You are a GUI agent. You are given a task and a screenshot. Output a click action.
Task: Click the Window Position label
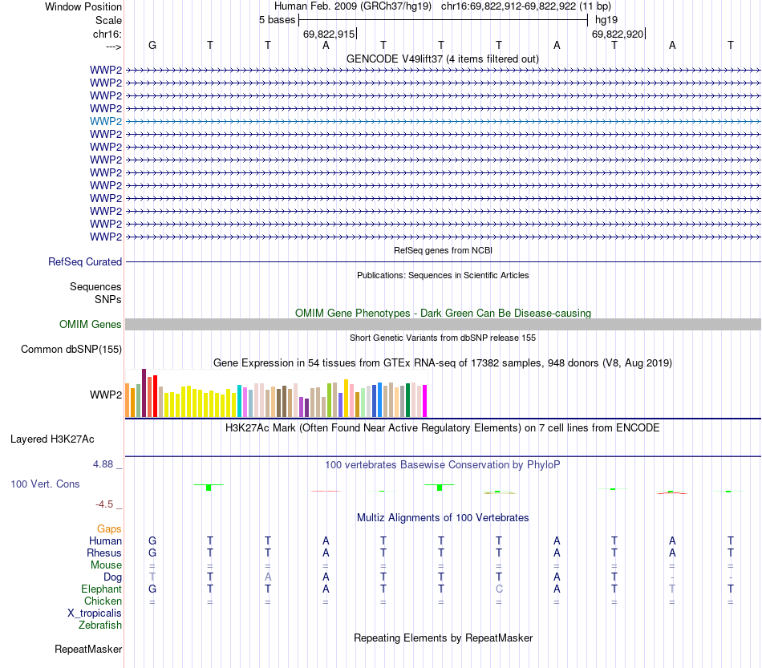point(83,6)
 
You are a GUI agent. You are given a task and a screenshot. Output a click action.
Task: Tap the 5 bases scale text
point(277,19)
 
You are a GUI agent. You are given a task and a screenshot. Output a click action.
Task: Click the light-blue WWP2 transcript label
point(106,121)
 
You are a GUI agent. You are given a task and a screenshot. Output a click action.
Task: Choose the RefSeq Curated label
point(85,261)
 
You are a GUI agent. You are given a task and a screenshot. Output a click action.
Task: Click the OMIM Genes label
point(91,325)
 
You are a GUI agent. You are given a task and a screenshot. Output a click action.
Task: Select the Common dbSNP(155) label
point(71,349)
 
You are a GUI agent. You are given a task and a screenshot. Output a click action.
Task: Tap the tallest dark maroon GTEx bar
point(144,392)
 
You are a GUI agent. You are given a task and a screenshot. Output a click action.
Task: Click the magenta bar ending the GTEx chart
point(424,400)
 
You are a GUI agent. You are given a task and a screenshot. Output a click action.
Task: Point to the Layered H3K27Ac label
point(52,439)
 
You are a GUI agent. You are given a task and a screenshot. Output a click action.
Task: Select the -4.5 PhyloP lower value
point(105,504)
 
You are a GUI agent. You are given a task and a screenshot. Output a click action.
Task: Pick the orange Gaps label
point(109,529)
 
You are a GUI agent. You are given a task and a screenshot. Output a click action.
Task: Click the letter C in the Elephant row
point(499,589)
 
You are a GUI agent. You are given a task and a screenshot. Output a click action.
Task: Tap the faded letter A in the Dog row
point(268,577)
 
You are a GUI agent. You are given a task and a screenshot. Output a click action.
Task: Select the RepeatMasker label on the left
point(88,649)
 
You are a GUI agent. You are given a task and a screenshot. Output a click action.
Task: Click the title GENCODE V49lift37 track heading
point(442,59)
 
